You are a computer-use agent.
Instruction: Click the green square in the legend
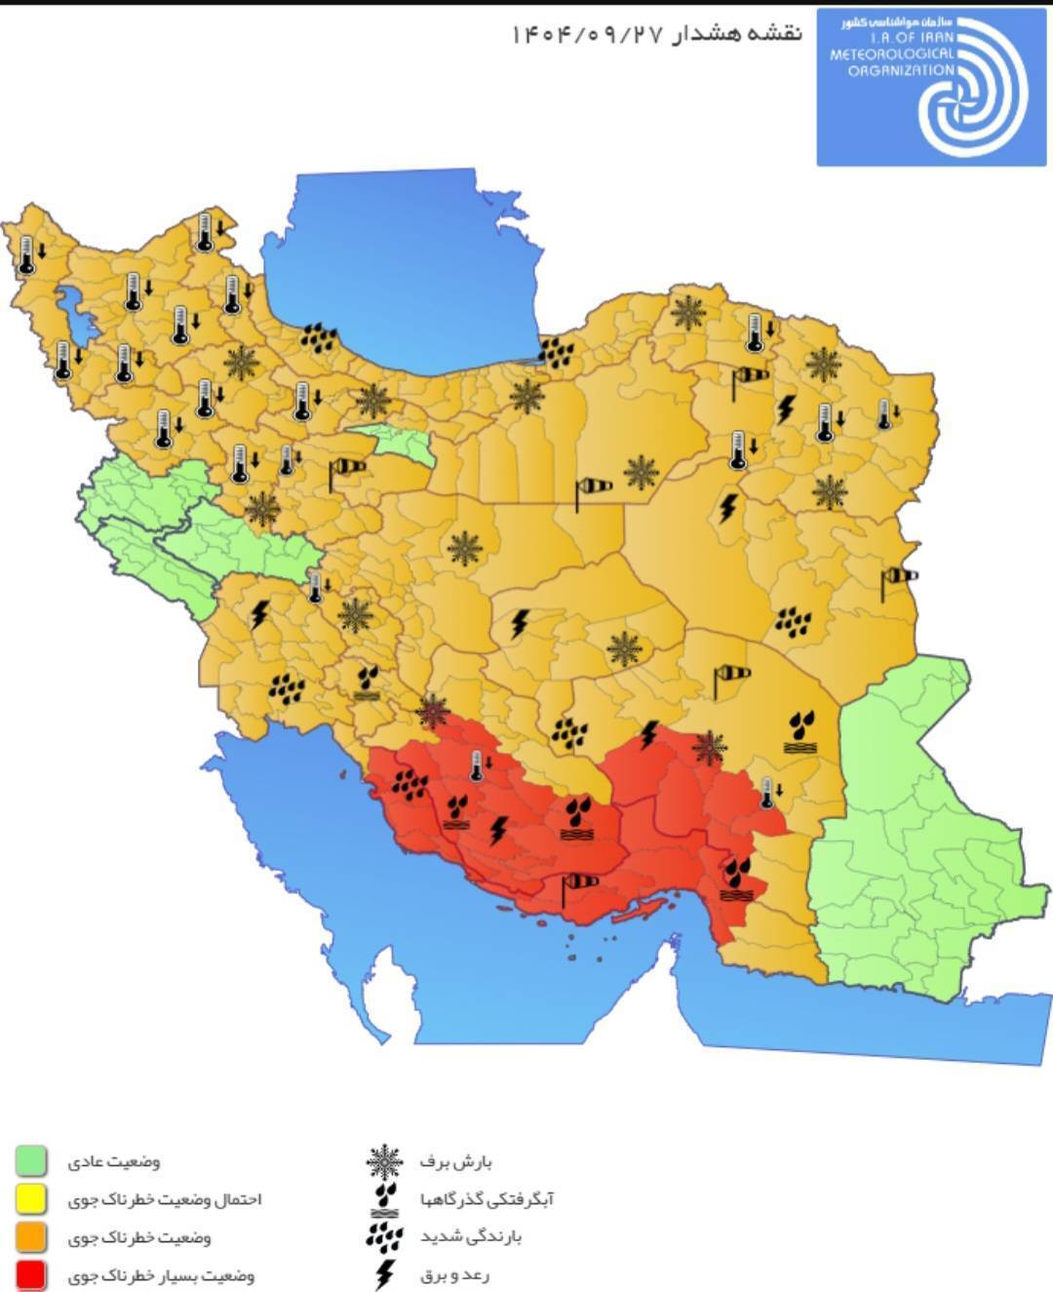(x=31, y=1161)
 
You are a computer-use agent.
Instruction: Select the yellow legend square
(x=31, y=1199)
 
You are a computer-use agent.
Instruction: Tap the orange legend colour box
(x=31, y=1236)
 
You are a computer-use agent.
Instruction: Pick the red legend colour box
(x=31, y=1274)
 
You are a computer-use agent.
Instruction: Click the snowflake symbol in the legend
(x=384, y=1162)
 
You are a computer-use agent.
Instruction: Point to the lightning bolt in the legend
(x=385, y=1273)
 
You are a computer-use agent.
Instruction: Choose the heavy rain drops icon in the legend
(x=384, y=1236)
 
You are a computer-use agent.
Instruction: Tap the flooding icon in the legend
(x=385, y=1199)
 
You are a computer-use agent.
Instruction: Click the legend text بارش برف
(x=456, y=1162)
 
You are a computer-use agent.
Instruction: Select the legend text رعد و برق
(x=455, y=1274)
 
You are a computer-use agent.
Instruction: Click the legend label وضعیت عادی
(x=113, y=1162)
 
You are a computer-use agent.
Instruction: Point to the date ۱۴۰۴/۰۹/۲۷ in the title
(x=588, y=34)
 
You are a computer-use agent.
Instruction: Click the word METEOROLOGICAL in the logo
(x=891, y=55)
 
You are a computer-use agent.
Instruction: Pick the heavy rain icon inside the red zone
(x=410, y=782)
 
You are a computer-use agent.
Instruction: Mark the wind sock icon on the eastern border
(x=897, y=578)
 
